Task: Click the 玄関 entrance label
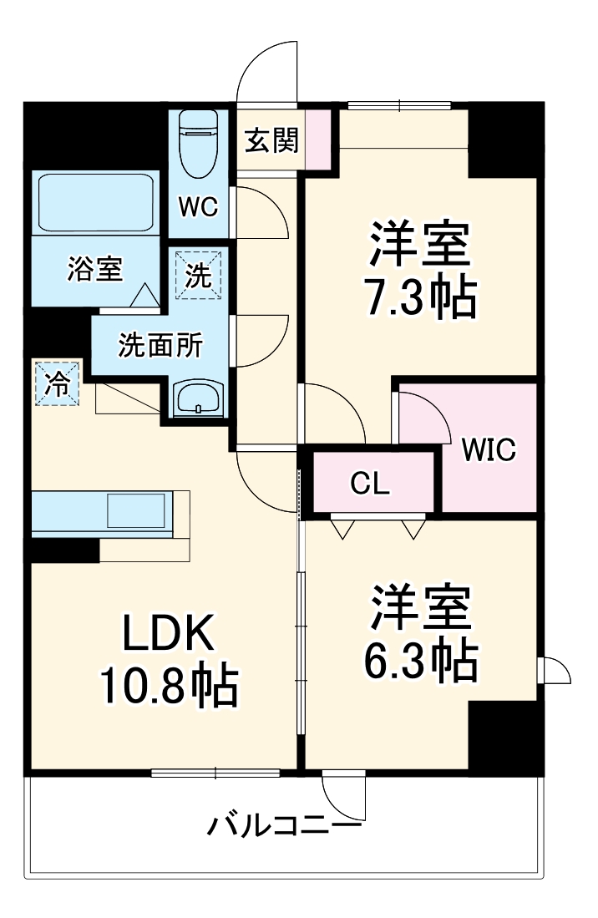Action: point(271,141)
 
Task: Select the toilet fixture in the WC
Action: point(200,145)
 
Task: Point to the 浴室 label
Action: point(94,270)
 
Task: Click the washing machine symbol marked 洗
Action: point(199,276)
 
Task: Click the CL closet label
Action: point(369,484)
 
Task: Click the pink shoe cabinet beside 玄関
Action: point(318,139)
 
